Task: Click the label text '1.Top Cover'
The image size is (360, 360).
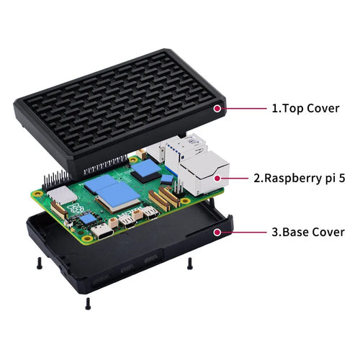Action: [305, 109]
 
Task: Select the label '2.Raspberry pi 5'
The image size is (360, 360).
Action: [300, 179]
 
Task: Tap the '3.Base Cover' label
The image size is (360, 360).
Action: [308, 232]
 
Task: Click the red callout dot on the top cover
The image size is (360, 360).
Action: [217, 109]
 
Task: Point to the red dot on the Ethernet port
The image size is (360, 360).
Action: [217, 179]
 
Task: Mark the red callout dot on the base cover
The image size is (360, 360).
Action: [217, 232]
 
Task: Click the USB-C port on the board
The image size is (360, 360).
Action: [102, 231]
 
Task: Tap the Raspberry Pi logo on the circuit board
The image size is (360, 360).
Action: [76, 207]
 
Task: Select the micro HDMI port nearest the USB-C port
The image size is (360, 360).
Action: [127, 221]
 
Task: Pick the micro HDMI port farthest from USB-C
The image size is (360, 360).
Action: [150, 212]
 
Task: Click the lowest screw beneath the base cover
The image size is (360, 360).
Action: [88, 304]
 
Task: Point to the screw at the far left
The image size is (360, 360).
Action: [40, 263]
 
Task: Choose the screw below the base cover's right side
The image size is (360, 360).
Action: [190, 264]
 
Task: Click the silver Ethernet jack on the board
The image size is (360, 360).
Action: [204, 173]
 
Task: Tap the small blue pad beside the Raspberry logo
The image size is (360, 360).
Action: [88, 218]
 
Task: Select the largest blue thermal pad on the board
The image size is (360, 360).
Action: [118, 194]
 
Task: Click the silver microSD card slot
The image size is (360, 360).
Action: [62, 194]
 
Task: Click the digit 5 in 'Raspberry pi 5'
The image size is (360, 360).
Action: [341, 179]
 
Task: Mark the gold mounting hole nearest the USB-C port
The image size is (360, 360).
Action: [86, 238]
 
